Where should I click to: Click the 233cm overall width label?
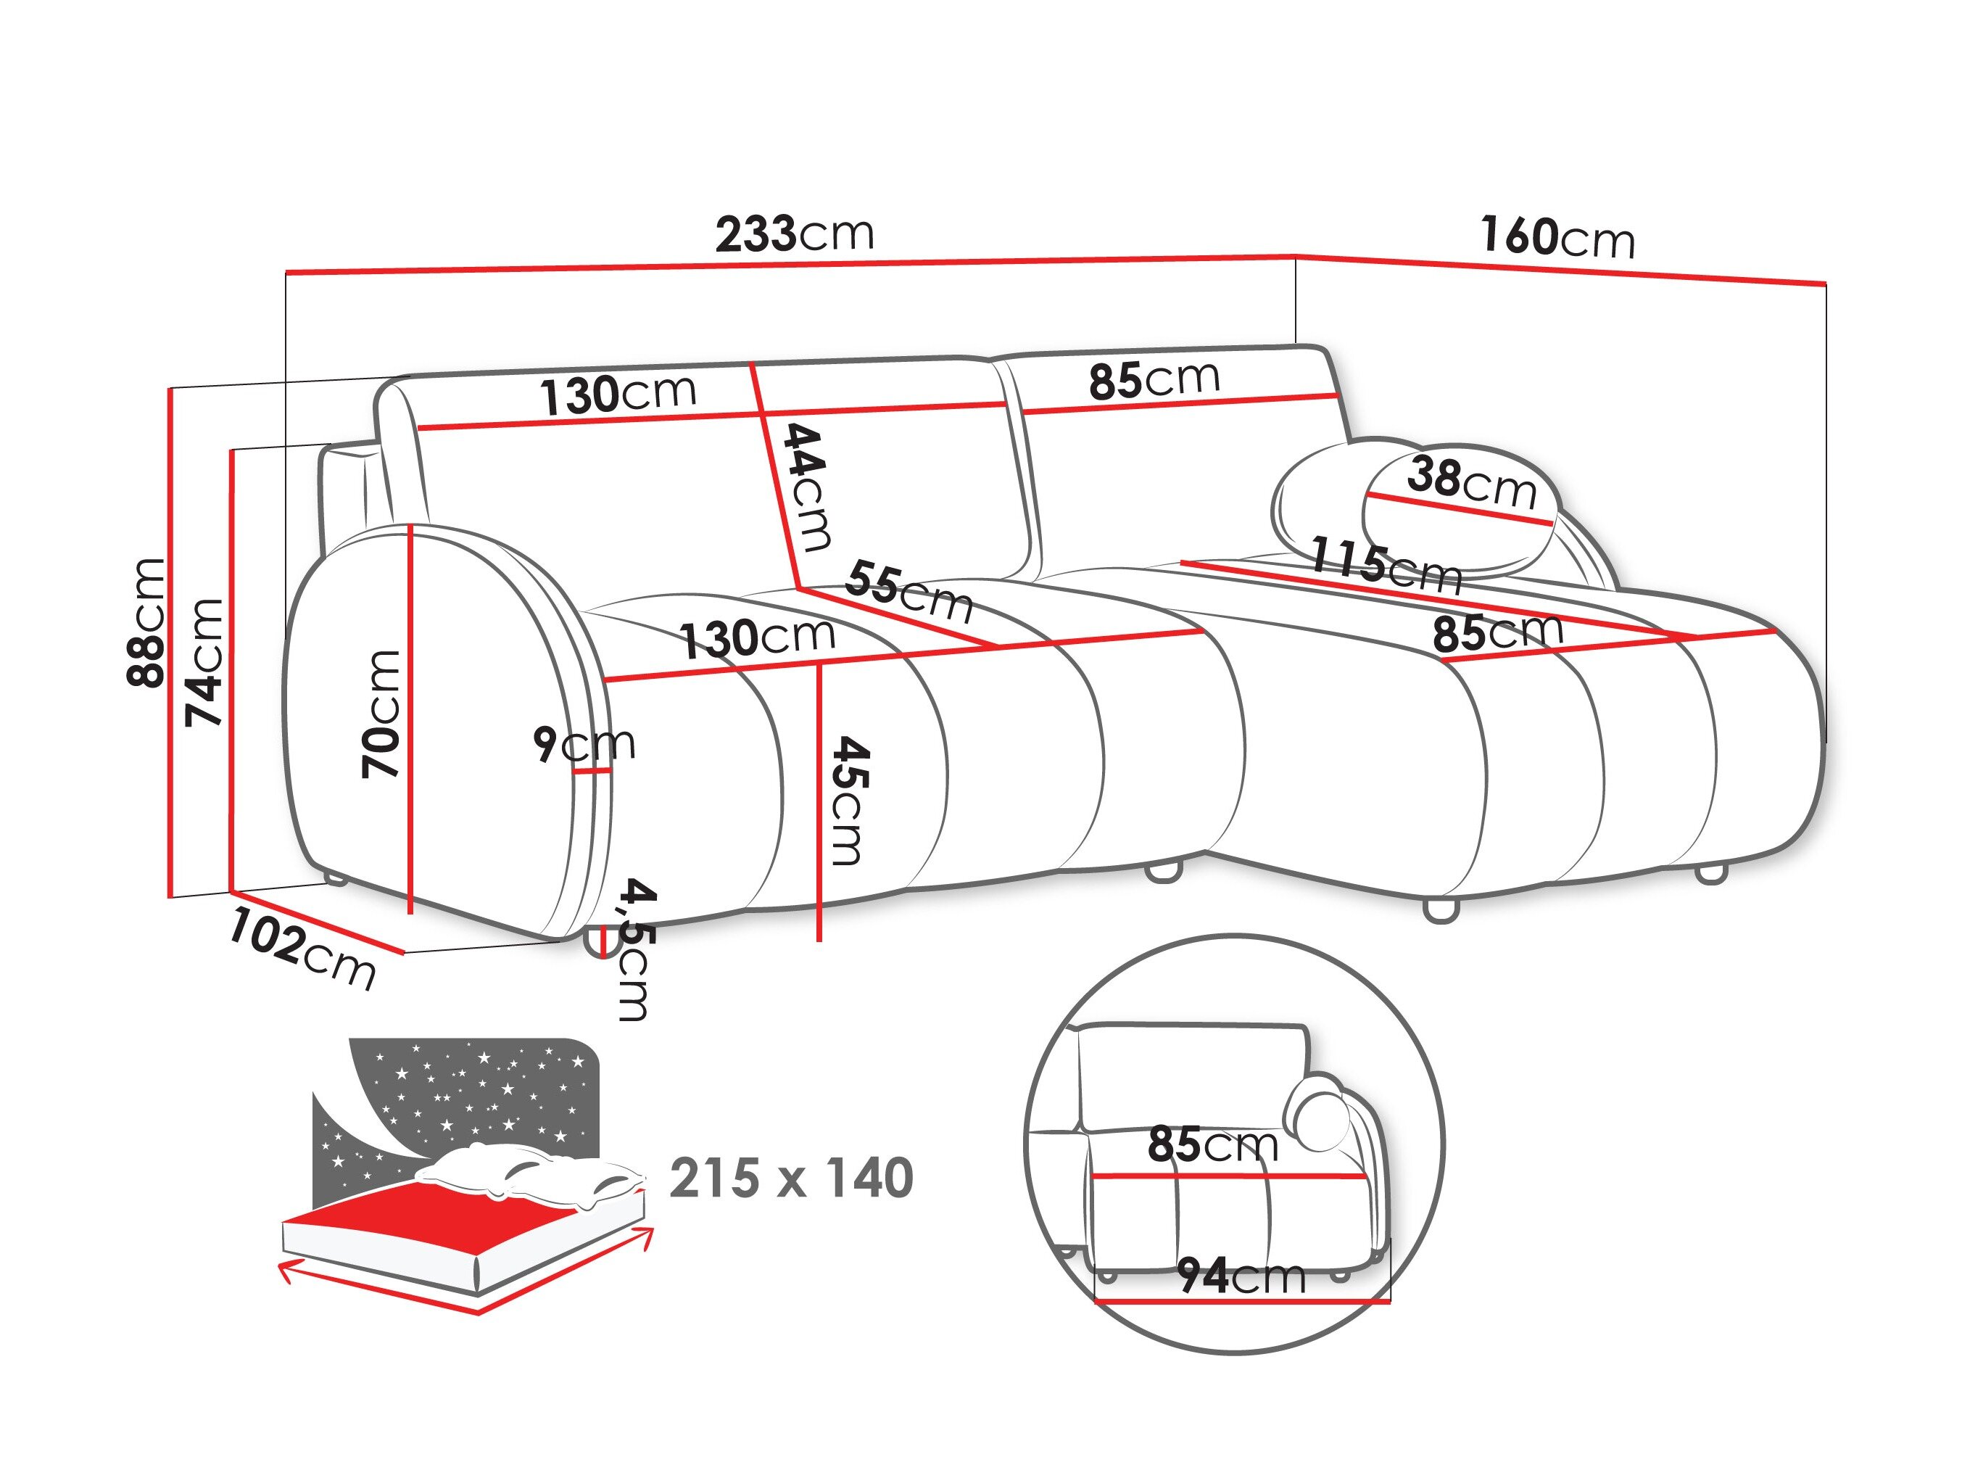[795, 234]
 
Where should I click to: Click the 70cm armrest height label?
[381, 713]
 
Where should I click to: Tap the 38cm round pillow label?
[1471, 482]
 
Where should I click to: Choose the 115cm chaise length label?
[1386, 565]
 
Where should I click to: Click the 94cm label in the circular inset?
[1241, 1276]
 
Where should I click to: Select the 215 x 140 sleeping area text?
[791, 1178]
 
